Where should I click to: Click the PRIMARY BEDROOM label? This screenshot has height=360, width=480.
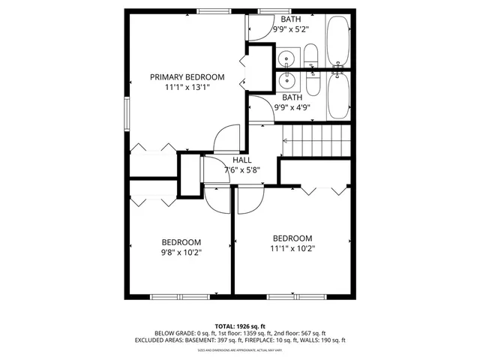point(187,77)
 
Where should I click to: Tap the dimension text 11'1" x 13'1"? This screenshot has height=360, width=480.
point(187,88)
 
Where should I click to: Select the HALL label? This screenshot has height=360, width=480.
point(241,160)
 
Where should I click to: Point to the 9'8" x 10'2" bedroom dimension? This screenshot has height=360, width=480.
point(181,253)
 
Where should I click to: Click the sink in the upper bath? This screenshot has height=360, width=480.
point(287,58)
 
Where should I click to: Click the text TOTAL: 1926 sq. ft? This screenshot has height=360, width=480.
point(239,326)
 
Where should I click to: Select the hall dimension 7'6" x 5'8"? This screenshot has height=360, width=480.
point(241,169)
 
